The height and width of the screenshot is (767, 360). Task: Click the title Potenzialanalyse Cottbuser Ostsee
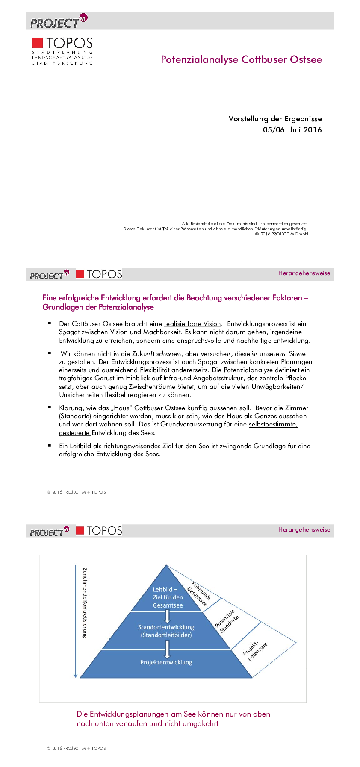tap(241, 59)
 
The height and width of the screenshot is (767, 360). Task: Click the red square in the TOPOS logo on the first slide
tap(38, 42)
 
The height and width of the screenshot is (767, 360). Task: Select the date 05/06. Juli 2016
tap(292, 130)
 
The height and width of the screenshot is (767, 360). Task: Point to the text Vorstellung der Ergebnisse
tap(275, 119)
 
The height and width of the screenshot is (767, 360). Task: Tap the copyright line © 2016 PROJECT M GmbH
tap(281, 234)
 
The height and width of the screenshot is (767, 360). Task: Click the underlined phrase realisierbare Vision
tap(192, 324)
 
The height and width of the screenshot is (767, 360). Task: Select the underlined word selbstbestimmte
tap(273, 424)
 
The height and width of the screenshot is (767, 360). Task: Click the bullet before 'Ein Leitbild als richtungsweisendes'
tap(50, 445)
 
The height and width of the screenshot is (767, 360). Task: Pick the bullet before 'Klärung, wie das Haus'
tap(50, 407)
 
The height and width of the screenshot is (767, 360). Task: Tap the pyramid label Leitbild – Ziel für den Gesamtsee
tap(168, 597)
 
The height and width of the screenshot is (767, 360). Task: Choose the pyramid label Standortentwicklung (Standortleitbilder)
tap(166, 631)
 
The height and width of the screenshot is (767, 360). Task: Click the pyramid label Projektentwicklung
tap(166, 662)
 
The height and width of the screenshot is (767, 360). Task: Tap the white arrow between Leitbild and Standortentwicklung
tap(167, 616)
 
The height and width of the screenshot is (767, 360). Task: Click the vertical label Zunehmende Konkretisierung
tap(85, 602)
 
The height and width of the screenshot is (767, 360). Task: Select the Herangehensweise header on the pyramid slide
tap(304, 529)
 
